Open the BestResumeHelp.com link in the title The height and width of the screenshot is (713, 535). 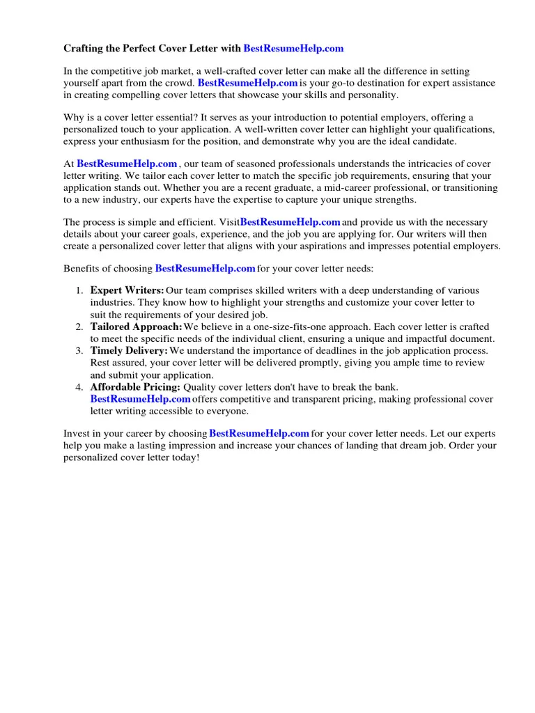293,49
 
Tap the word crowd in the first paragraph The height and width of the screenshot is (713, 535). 176,83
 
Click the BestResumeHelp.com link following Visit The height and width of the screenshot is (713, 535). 290,223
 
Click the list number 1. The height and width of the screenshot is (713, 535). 80,290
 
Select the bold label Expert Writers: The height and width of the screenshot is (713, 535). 127,290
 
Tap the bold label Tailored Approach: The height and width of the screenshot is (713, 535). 137,327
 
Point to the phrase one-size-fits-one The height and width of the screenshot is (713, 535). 267,327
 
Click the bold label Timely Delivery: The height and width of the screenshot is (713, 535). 129,351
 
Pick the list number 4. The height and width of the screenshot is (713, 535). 80,387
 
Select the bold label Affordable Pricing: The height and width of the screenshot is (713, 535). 135,387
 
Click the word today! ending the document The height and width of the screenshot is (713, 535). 185,458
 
